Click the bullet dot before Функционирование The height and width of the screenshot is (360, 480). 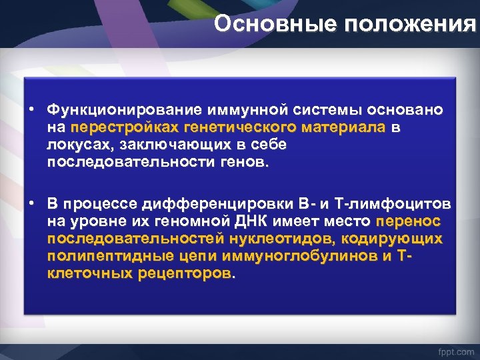(x=32, y=109)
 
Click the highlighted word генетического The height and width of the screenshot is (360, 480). (x=232, y=127)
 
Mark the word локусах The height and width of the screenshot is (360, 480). (x=77, y=145)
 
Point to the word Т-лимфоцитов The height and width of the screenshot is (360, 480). (x=396, y=203)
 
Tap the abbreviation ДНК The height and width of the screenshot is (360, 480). (x=254, y=221)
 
